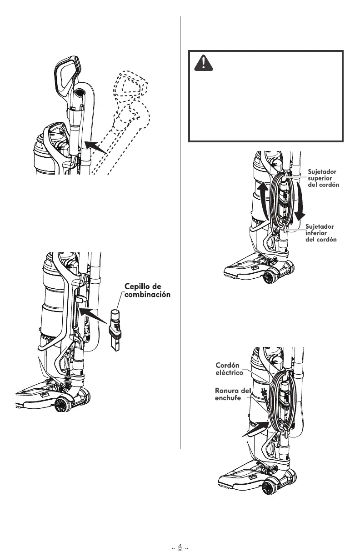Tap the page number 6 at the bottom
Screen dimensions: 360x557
pyautogui.click(x=180, y=549)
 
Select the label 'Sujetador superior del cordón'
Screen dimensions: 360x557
pyautogui.click(x=323, y=179)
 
